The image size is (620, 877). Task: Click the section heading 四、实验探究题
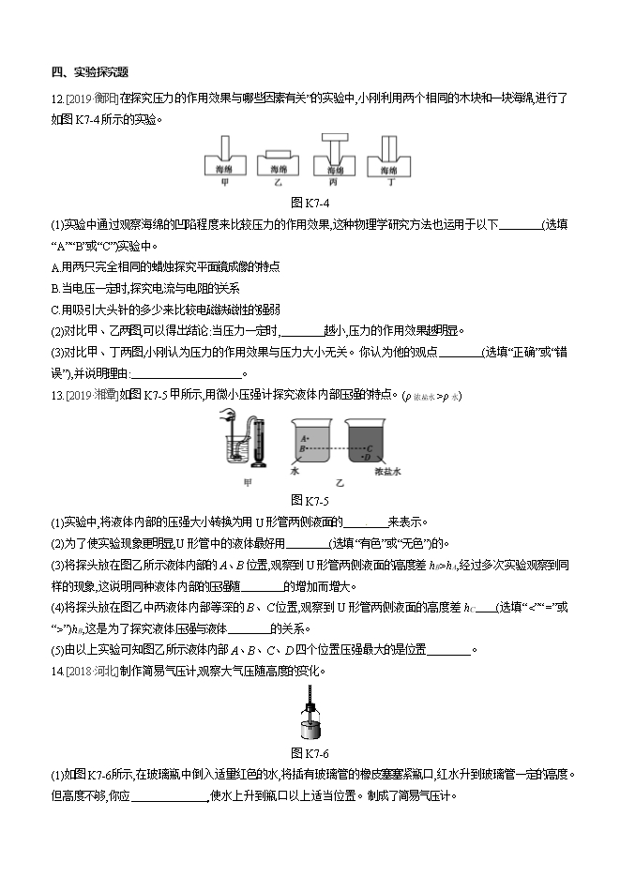(x=90, y=72)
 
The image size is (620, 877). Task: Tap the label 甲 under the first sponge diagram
(x=223, y=182)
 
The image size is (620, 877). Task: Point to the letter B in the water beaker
(x=302, y=449)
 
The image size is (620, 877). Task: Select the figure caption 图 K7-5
(x=309, y=499)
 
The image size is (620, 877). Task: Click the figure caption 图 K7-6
(x=309, y=752)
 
